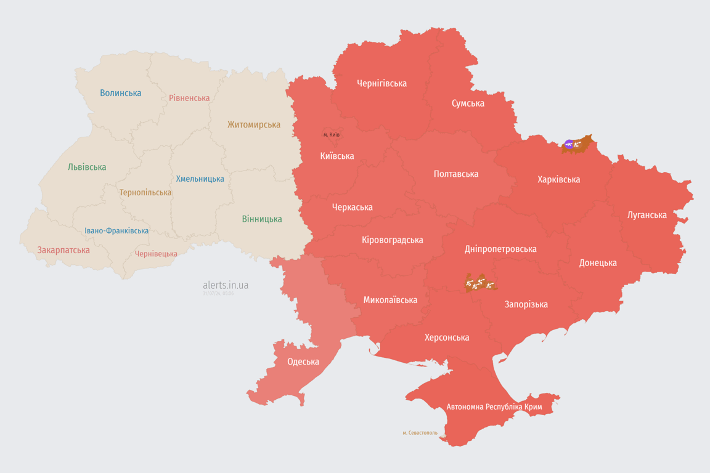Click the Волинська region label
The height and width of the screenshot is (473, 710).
[120, 93]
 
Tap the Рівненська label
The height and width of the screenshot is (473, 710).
[189, 98]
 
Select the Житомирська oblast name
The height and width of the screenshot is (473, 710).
[253, 124]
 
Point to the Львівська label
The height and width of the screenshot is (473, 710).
[87, 167]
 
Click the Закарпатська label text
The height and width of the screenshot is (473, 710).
[63, 250]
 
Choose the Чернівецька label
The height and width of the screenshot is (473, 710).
[156, 254]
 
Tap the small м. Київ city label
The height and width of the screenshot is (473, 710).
[332, 134]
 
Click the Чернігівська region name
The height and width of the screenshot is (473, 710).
[382, 83]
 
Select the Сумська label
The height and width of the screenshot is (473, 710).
[468, 103]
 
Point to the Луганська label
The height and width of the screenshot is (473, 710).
[647, 215]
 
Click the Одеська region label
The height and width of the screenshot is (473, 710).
[303, 362]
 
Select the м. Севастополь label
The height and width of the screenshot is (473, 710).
[420, 433]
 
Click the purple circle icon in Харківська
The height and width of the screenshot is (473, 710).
[569, 144]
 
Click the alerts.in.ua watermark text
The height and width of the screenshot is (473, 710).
[226, 285]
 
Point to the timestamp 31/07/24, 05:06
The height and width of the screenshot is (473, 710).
[218, 294]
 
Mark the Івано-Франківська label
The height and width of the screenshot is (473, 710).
[116, 231]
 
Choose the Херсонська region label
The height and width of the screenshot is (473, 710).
[447, 338]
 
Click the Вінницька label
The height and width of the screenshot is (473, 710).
[262, 219]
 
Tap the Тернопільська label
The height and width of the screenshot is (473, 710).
[145, 192]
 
